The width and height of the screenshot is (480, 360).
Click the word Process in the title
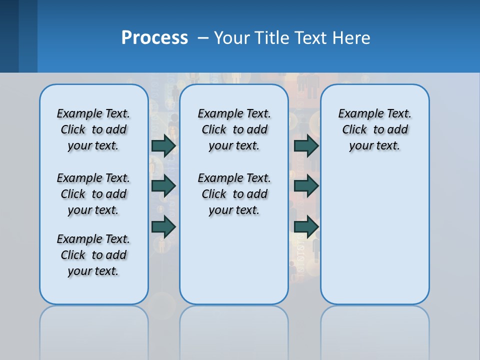[154, 38]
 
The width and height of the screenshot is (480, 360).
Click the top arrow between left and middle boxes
[164, 145]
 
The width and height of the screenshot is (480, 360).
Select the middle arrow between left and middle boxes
[164, 186]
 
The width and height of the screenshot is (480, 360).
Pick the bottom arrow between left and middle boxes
[164, 226]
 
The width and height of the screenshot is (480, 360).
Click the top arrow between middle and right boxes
[306, 145]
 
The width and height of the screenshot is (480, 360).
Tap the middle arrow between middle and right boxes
[306, 186]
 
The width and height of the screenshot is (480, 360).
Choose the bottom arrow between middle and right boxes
[306, 226]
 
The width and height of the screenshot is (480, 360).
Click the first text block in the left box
[93, 129]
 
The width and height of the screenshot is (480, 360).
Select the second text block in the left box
[93, 194]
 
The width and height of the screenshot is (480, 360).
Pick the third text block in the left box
[93, 255]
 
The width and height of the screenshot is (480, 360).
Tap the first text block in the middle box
[234, 129]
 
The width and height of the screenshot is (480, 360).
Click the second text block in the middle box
[234, 194]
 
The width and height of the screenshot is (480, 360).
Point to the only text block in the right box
[374, 129]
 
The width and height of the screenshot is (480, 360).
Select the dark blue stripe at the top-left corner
[9, 36]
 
